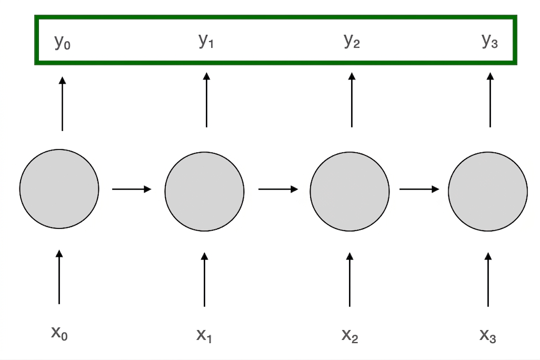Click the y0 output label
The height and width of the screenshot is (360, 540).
[x=62, y=42]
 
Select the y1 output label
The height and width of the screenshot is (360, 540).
[x=206, y=41]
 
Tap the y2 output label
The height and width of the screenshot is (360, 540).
[x=352, y=41]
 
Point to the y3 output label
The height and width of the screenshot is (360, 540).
[x=490, y=41]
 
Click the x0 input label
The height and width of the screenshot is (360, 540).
[x=59, y=333]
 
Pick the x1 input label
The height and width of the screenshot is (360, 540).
[x=205, y=335]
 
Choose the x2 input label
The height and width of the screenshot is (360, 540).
[x=350, y=335]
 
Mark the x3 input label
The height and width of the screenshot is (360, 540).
[x=488, y=335]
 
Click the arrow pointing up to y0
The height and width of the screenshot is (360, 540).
[x=62, y=104]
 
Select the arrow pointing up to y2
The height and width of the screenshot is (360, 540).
[x=352, y=100]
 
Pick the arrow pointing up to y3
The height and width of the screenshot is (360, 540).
[x=490, y=100]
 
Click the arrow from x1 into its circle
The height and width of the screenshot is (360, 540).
[x=205, y=280]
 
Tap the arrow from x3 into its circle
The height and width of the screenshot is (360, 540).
[x=488, y=280]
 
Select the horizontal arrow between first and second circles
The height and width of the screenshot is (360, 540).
[x=132, y=189]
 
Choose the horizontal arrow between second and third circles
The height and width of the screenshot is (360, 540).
[x=278, y=189]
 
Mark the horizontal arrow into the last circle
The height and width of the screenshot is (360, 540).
[x=419, y=189]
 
